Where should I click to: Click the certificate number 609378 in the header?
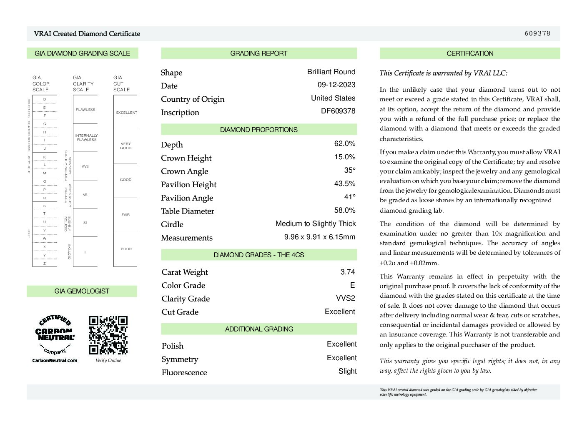click(x=537, y=33)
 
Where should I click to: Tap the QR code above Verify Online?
click(x=108, y=335)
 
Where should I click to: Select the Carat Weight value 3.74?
click(x=347, y=272)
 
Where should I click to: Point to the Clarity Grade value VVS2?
click(x=346, y=298)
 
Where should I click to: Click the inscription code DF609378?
click(x=338, y=111)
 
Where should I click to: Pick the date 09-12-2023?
click(x=336, y=85)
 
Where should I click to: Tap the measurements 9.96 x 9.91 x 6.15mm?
click(x=320, y=237)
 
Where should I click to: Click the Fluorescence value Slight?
click(x=347, y=371)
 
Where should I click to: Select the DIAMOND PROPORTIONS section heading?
click(x=259, y=130)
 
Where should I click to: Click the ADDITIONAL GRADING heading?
click(x=259, y=329)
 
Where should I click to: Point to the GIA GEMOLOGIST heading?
click(x=82, y=291)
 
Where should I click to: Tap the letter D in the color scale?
click(x=45, y=99)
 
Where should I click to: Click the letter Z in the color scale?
click(x=45, y=264)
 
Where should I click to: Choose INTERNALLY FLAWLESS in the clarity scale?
click(x=86, y=138)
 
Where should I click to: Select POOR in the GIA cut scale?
click(x=126, y=249)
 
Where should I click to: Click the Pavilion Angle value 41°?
click(x=350, y=197)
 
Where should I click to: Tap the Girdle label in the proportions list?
click(x=172, y=224)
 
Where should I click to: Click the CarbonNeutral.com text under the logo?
click(x=55, y=360)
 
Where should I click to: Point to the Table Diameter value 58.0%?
click(x=345, y=210)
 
